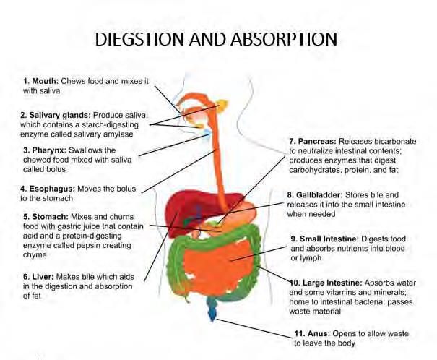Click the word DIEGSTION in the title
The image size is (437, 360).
(x=139, y=39)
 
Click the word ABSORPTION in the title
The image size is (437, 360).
(x=284, y=39)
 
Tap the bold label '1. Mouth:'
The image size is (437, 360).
(x=41, y=81)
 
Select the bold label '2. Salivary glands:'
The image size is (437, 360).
(x=56, y=115)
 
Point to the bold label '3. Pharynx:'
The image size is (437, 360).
(x=45, y=150)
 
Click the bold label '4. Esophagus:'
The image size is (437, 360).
(x=48, y=189)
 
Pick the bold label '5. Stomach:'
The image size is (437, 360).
(x=46, y=217)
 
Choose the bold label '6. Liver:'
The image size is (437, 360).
(x=38, y=277)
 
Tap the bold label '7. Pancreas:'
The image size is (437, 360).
(x=313, y=142)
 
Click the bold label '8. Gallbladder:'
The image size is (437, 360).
(x=315, y=195)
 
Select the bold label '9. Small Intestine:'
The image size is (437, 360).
(x=325, y=239)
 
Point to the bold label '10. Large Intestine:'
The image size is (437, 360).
(x=326, y=283)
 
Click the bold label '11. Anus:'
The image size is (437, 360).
(x=312, y=334)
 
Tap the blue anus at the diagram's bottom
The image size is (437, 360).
(x=212, y=308)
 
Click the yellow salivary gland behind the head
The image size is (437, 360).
(x=222, y=106)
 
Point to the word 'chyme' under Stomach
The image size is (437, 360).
(x=35, y=255)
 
